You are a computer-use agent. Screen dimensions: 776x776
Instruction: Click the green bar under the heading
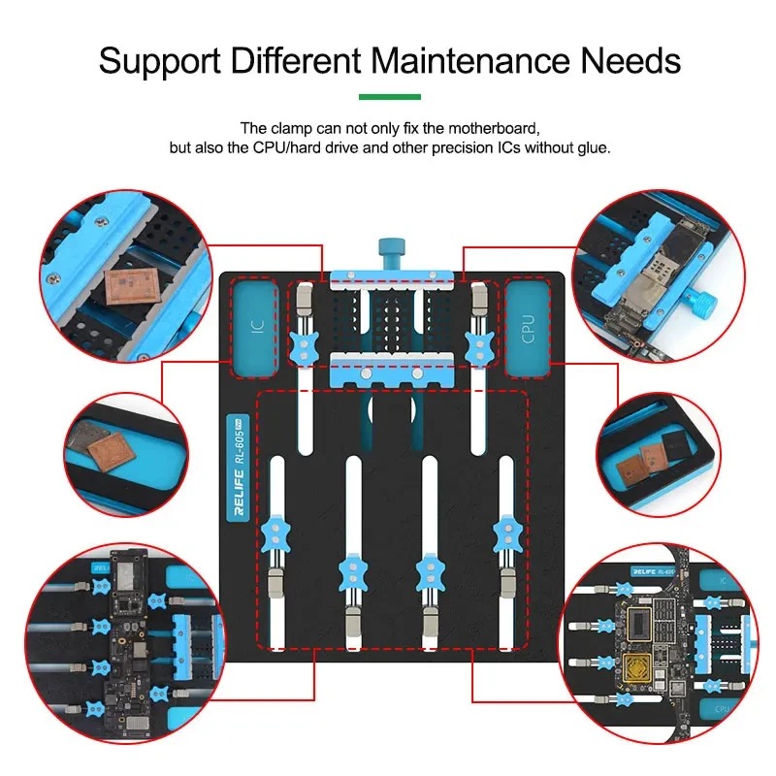[x=389, y=97]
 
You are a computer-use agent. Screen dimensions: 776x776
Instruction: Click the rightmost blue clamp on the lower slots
[x=504, y=531]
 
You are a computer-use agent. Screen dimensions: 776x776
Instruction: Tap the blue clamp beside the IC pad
[x=306, y=345]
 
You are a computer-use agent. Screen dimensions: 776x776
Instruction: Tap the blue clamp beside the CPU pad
[x=477, y=345]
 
